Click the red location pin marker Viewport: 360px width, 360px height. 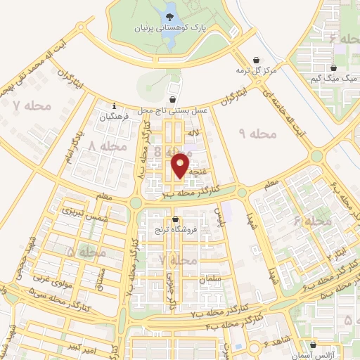click(x=181, y=165)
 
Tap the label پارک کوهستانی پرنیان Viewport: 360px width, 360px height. click(x=172, y=30)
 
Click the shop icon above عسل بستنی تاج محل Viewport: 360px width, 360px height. click(x=173, y=99)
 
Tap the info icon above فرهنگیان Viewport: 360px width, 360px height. click(x=114, y=107)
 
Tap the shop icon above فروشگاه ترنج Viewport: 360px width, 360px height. click(x=174, y=219)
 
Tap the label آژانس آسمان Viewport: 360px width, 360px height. click(x=323, y=349)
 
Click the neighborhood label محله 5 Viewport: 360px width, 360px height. click(x=87, y=251)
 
